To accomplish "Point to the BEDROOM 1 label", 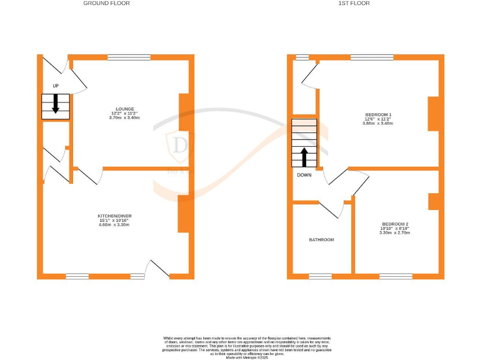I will coord(378,114).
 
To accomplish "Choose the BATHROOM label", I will coord(321,240).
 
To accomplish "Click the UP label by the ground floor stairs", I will coord(55,85).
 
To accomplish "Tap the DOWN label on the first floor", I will coord(304,175).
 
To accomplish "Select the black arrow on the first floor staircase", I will coord(304,157).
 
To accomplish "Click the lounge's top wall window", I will coord(129,57).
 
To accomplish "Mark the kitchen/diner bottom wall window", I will coord(77,276).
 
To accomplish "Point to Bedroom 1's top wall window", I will coord(372,57).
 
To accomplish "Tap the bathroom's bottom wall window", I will coord(321,276).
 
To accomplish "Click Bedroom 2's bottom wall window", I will coord(396,276).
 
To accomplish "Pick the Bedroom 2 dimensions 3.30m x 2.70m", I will coord(395,232).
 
